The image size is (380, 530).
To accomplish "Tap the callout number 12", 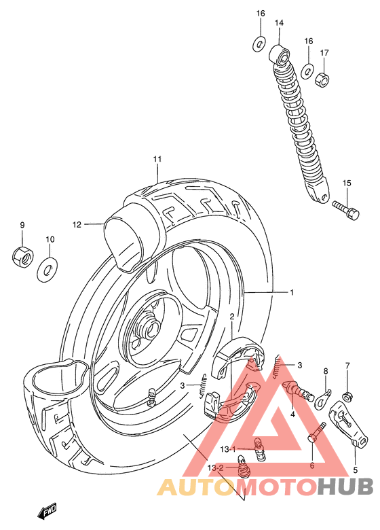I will click(x=77, y=224).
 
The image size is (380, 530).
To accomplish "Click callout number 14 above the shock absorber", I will click(x=279, y=23).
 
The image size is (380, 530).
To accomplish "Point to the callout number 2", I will click(x=231, y=317).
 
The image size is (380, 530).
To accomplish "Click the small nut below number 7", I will click(x=347, y=396).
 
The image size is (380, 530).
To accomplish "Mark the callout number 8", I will click(x=325, y=371).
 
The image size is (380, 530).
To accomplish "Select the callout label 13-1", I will click(x=227, y=448).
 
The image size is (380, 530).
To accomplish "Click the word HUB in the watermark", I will click(x=345, y=487).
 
